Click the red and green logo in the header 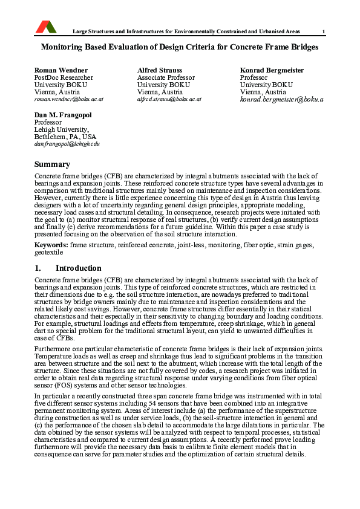(x=46, y=27)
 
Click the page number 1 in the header (x=324, y=31)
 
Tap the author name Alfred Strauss (x=160, y=70)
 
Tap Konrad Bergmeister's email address (x=281, y=99)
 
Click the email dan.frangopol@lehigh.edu (x=67, y=144)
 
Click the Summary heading (x=52, y=164)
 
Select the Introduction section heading (x=78, y=268)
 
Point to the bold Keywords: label (x=51, y=244)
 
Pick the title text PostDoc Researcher (x=64, y=77)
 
